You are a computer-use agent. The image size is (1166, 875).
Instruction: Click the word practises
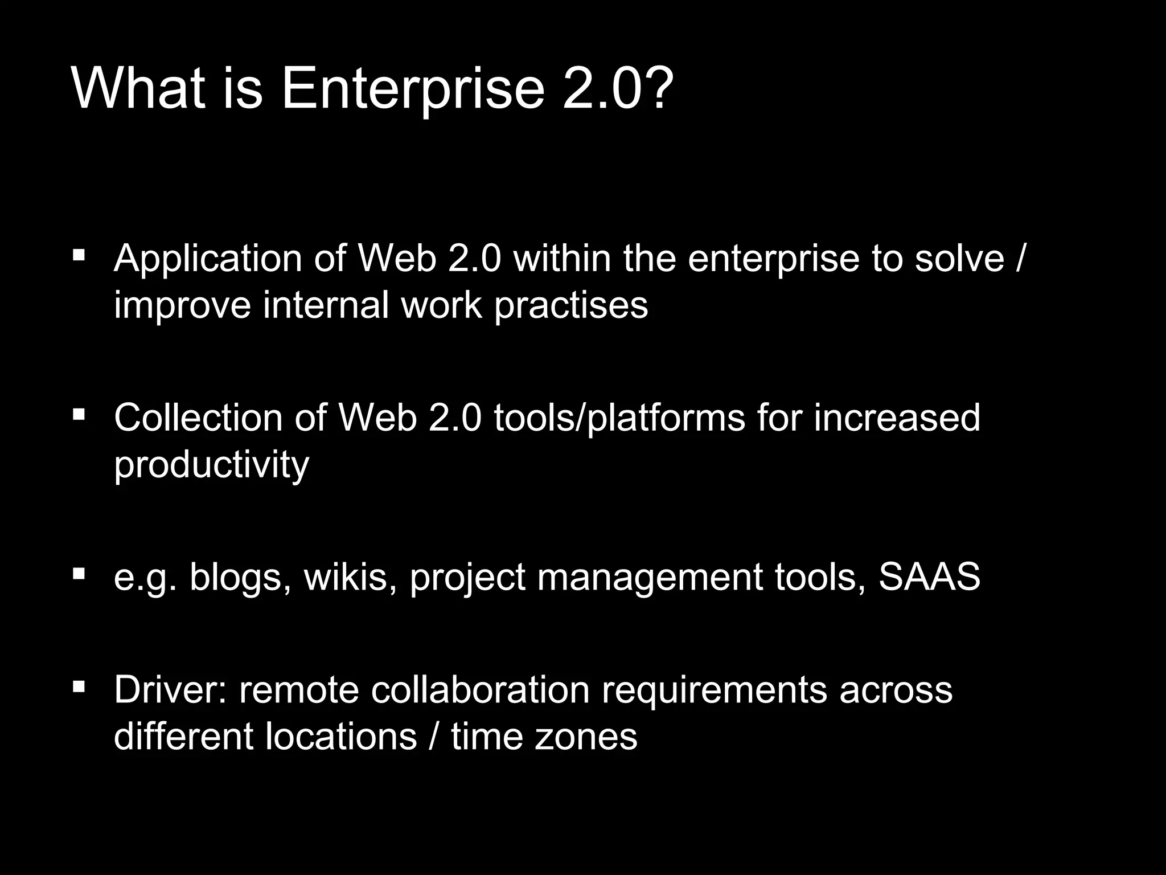(x=571, y=306)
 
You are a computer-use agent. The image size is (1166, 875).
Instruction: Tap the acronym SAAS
(x=929, y=576)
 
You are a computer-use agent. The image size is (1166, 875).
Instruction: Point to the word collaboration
(x=480, y=690)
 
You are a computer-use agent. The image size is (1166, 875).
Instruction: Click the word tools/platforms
(x=619, y=418)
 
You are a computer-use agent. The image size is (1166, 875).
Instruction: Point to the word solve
(x=959, y=259)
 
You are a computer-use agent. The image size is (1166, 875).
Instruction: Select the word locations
(x=342, y=737)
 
